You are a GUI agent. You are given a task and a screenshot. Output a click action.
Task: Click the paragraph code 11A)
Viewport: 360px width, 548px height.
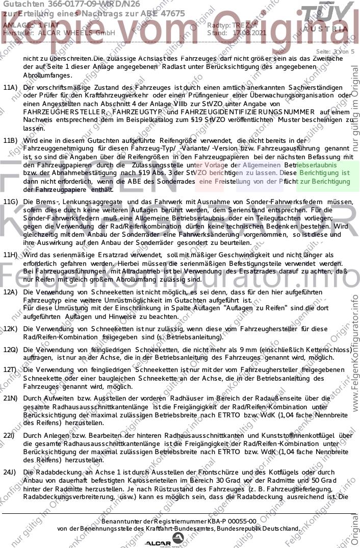(10, 88)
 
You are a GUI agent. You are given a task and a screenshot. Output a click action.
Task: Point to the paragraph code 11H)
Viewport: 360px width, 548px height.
(10, 255)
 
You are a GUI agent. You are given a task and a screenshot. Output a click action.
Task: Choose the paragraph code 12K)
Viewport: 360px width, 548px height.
(10, 329)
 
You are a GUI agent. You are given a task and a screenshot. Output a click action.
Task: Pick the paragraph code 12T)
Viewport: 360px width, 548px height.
(10, 369)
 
